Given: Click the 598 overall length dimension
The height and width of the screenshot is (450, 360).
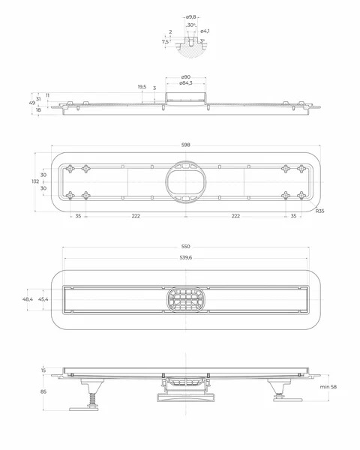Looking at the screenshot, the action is coord(186,145).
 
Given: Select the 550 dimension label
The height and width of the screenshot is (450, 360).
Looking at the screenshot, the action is coord(186,247).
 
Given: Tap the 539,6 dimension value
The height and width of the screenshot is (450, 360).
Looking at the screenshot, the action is coord(186,258).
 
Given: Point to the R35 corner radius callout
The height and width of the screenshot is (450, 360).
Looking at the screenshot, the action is coord(319,211).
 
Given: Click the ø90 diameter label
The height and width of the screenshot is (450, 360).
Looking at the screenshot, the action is coord(186,77).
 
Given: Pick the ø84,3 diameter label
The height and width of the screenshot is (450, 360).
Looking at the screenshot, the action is coord(186,83).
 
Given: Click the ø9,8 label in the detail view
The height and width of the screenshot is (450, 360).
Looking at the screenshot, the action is coord(191,17).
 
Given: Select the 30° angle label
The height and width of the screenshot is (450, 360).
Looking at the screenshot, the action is coord(191,25).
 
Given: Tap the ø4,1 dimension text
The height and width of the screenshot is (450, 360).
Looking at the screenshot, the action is coord(205,31).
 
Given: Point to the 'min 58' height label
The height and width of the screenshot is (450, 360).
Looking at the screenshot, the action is coord(328,386).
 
